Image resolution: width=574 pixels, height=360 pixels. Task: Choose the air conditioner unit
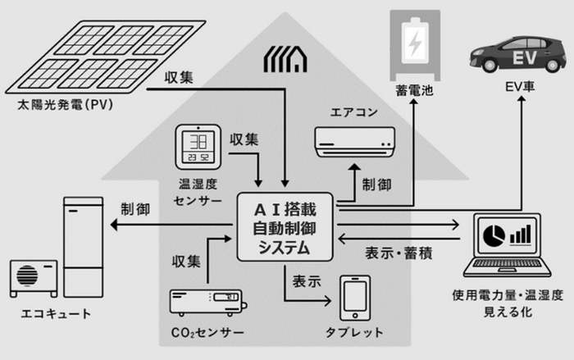(353, 141)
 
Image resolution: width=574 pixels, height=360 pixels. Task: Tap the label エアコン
(353, 112)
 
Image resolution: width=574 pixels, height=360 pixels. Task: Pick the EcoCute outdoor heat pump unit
(33, 279)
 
